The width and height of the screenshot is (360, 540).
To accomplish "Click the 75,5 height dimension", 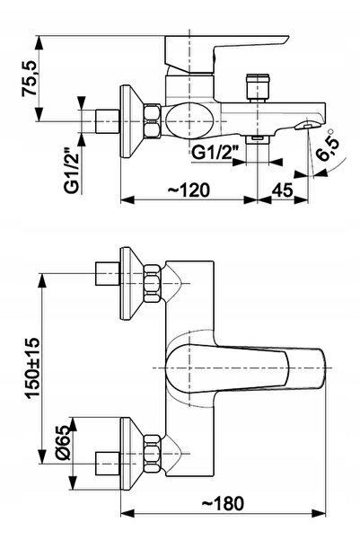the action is [x=29, y=78].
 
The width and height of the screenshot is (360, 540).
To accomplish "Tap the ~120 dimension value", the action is [x=189, y=190].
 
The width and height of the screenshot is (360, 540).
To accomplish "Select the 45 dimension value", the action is [x=283, y=190].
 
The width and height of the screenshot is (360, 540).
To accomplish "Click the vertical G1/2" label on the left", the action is [x=72, y=171].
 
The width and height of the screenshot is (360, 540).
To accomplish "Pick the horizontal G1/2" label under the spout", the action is [x=215, y=152].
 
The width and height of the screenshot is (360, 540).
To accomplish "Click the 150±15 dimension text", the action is [x=34, y=368].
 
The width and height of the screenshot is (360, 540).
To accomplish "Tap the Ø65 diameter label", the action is [x=63, y=442].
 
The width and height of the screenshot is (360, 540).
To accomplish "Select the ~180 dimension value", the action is [x=223, y=503].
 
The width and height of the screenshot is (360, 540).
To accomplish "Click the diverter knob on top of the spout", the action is [x=258, y=88].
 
